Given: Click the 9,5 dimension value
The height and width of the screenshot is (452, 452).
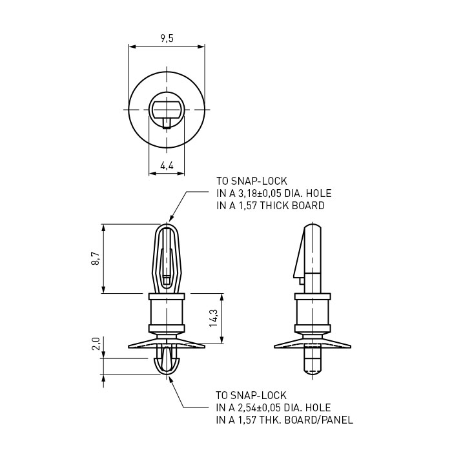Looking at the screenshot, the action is coord(167,38).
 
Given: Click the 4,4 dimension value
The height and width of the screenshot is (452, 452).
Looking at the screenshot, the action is coord(167,166).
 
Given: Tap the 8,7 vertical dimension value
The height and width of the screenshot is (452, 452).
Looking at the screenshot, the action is coord(96,258).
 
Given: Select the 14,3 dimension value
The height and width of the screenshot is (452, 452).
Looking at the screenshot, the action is coord(214,318).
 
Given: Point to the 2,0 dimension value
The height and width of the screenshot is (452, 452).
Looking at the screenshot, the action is coord(96,344).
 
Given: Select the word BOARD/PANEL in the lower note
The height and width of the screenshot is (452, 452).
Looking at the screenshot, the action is coord(319,420).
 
